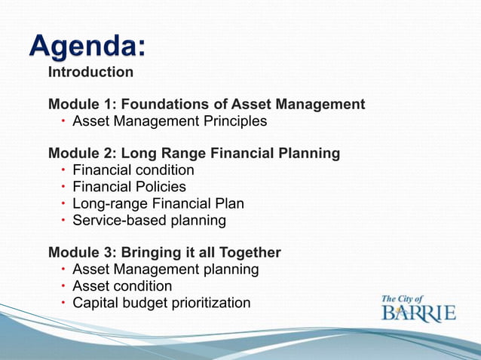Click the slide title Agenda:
[x=87, y=48]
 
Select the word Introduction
[x=90, y=73]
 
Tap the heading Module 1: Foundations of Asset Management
[x=207, y=105]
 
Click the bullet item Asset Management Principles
[x=170, y=121]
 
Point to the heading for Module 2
[x=194, y=154]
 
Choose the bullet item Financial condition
[x=133, y=170]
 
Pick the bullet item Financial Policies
[x=129, y=187]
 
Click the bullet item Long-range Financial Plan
[x=158, y=203]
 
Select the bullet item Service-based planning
[x=149, y=221]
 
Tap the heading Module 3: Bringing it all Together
[x=164, y=252]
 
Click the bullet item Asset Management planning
[x=165, y=269]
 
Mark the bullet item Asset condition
[x=122, y=286]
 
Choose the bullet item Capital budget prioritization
[x=161, y=303]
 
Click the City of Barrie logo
[x=418, y=308]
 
